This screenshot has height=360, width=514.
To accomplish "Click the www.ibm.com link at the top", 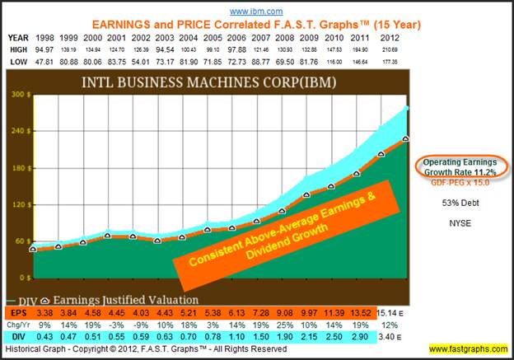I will tap(255, 12).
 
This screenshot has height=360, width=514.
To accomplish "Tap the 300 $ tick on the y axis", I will tap(18, 94).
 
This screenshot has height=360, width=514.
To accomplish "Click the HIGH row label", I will tap(17, 49).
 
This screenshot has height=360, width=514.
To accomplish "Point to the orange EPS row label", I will tap(16, 314).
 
